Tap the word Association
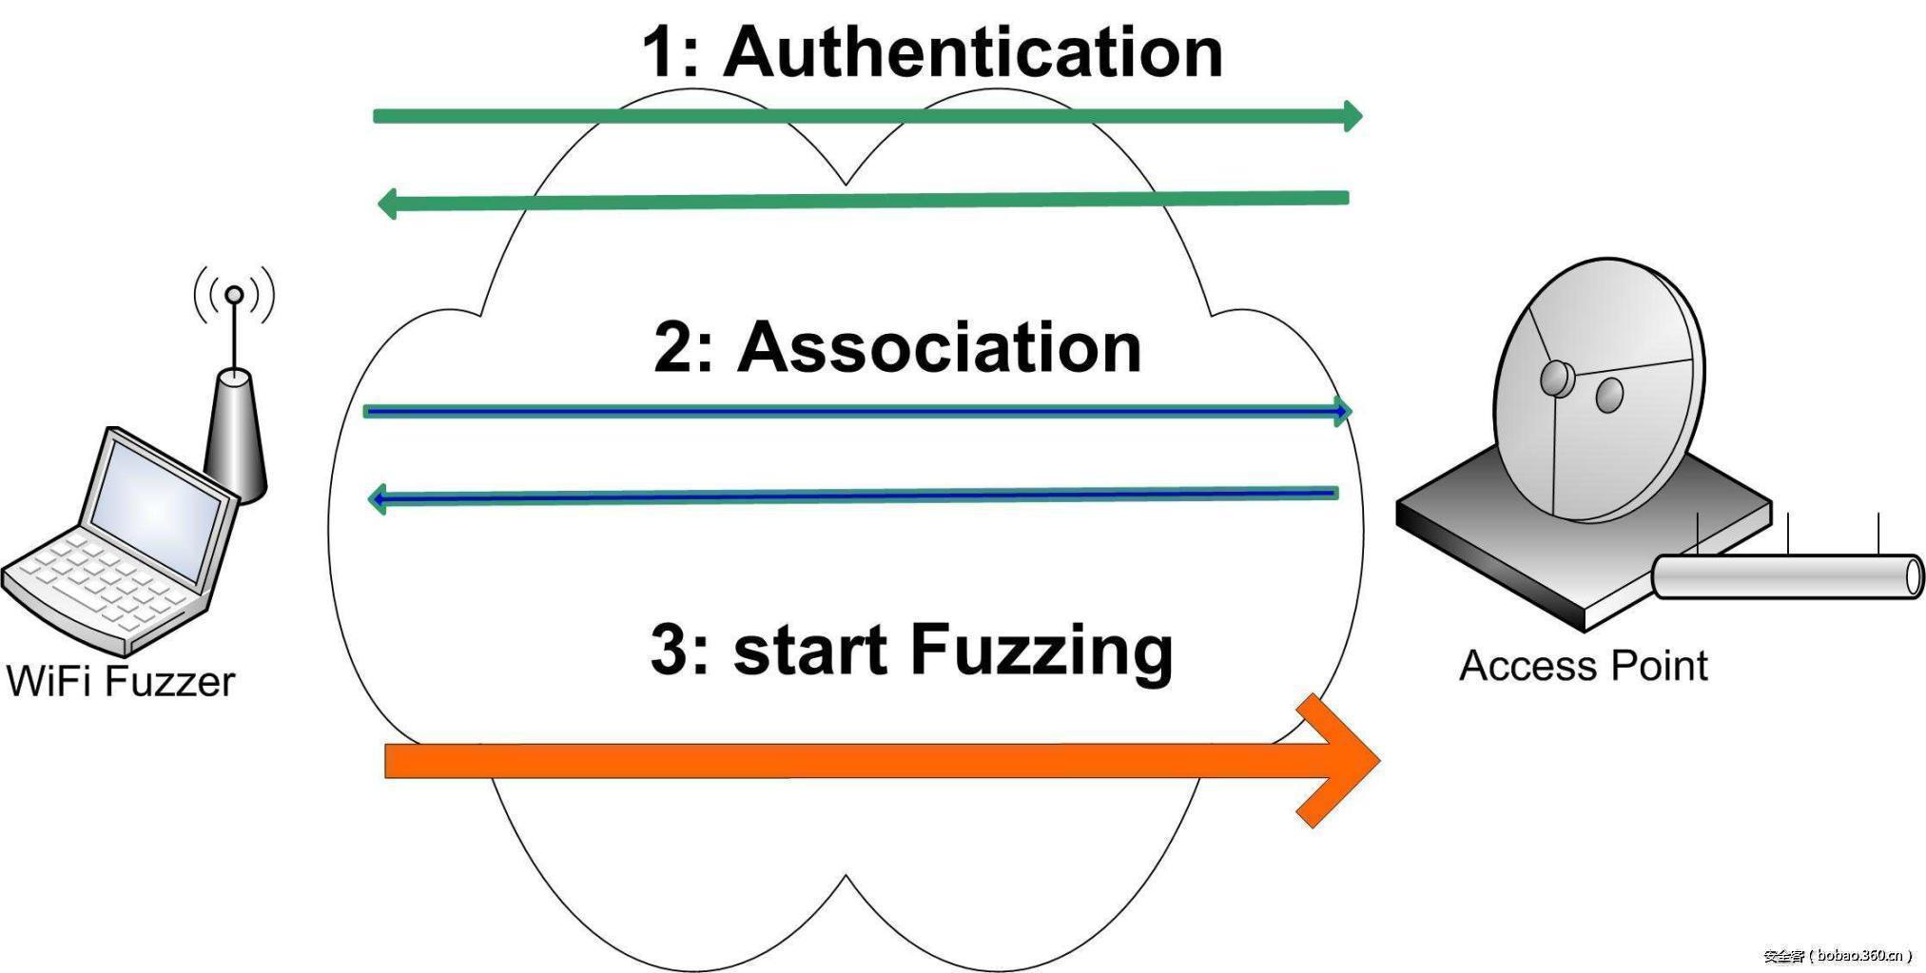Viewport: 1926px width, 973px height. (939, 347)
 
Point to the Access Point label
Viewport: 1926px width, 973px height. (1583, 666)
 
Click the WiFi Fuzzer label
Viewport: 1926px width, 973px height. (121, 681)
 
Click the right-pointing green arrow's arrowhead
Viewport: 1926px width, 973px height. (1352, 116)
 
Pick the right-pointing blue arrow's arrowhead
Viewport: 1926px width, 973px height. (1342, 411)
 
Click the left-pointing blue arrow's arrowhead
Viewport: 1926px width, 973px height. (377, 498)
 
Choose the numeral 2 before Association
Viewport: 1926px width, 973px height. (673, 347)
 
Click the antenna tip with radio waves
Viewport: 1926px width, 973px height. (234, 296)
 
